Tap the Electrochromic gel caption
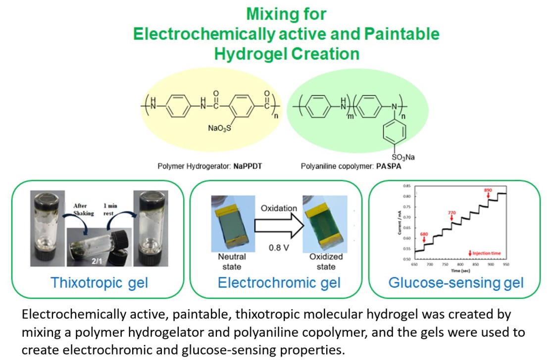279,283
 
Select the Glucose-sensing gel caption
456,283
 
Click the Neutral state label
232,261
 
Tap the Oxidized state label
326,261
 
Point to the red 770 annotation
451,212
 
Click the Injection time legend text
487,253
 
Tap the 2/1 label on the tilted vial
95,258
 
